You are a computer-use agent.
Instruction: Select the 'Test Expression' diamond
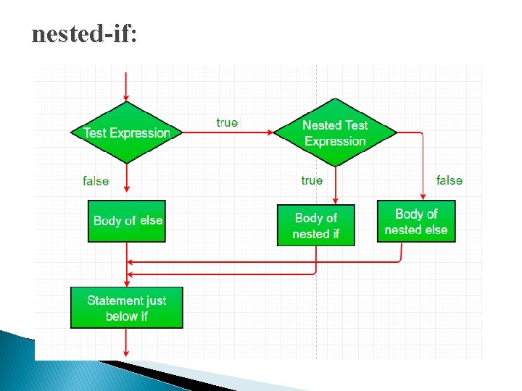(x=127, y=133)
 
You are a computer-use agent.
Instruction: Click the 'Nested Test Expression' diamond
(x=335, y=133)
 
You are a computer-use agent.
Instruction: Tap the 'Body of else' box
(x=127, y=221)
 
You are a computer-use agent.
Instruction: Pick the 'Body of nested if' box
(x=316, y=225)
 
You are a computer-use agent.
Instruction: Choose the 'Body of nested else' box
(x=416, y=221)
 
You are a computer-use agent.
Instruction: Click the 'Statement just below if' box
(x=127, y=308)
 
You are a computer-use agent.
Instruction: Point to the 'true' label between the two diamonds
(x=227, y=122)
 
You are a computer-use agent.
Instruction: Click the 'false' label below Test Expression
(x=96, y=181)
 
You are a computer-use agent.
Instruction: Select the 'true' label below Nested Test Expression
(x=312, y=180)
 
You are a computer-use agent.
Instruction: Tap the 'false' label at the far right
(x=449, y=180)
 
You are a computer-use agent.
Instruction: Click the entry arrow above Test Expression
(x=127, y=87)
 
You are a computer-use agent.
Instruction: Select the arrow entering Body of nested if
(x=336, y=185)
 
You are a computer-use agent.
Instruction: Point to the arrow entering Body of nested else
(x=423, y=167)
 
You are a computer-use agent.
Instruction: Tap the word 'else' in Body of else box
(x=152, y=220)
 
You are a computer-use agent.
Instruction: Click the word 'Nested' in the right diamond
(x=321, y=125)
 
